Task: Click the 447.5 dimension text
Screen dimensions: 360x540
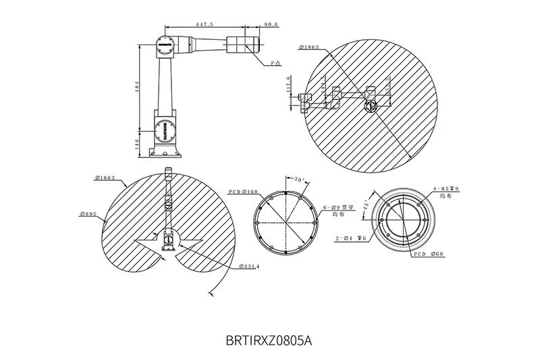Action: (205, 24)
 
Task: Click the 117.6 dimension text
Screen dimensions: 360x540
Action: (289, 84)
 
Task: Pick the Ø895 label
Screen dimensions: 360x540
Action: (88, 214)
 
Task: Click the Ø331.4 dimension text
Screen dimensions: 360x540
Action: (249, 267)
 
